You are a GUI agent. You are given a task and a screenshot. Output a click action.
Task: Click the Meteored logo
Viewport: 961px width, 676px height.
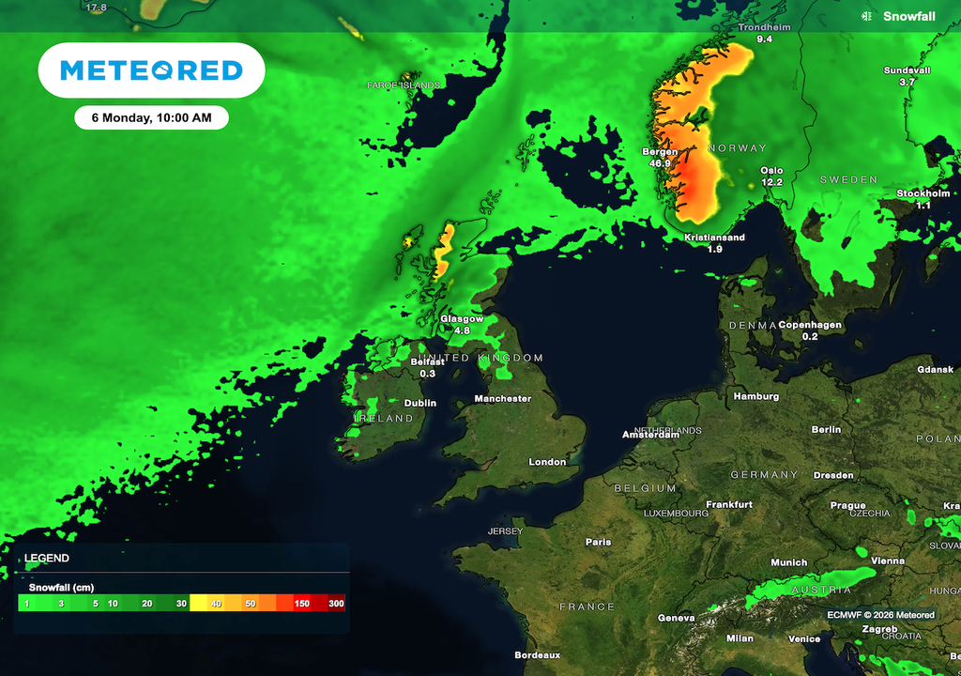coord(151,69)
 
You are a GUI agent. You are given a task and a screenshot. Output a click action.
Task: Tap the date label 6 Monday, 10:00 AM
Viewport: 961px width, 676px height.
coord(151,117)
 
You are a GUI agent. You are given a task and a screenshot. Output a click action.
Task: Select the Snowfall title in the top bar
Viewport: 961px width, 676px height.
coord(908,16)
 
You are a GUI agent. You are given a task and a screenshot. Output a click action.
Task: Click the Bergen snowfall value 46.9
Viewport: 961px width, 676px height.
coord(660,163)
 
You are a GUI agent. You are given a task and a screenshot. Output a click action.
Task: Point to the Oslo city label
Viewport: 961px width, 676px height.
coord(771,170)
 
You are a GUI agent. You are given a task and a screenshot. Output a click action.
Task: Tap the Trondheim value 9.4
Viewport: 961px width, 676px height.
coord(764,39)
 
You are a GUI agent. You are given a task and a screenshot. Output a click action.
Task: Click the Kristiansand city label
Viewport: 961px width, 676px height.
coord(715,238)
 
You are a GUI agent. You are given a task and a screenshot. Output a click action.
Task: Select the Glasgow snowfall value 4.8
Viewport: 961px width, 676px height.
coord(462,330)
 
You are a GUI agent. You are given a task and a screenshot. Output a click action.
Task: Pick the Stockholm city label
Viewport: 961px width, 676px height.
coord(923,193)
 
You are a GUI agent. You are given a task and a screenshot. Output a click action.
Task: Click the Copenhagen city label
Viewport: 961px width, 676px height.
coord(810,325)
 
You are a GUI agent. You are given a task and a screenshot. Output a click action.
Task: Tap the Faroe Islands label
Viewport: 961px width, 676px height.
coord(404,85)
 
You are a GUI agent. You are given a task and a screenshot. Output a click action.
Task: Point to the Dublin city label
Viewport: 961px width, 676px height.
coord(420,403)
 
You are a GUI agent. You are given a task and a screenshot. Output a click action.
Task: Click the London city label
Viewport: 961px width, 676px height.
coord(547,462)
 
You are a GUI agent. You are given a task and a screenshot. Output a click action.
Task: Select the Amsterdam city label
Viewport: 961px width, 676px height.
coord(651,436)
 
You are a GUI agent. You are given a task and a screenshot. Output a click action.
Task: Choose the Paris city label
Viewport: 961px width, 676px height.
coord(598,542)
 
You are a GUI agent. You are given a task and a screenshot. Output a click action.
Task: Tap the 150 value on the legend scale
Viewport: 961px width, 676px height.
coord(302,604)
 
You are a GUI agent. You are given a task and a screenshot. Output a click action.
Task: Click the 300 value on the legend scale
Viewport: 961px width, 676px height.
coord(336,604)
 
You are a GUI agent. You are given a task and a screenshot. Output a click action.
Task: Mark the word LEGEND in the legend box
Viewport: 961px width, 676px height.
coord(46,558)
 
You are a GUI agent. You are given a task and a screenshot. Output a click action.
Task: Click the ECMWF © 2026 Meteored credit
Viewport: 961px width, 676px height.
coord(880,615)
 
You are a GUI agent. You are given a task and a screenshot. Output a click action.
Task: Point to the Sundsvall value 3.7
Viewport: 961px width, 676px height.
coord(907,83)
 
